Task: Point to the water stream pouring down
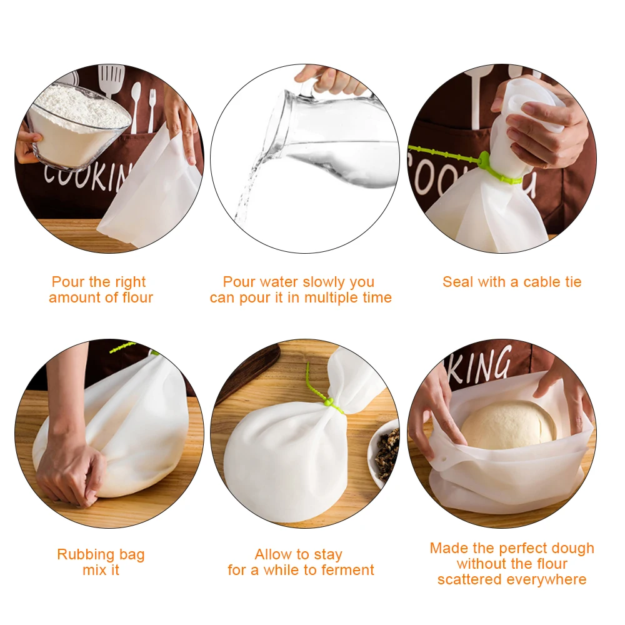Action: (250, 181)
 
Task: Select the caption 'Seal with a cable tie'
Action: (512, 282)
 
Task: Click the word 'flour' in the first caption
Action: (136, 298)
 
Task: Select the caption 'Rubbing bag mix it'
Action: (101, 562)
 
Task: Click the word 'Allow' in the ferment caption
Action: (272, 554)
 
